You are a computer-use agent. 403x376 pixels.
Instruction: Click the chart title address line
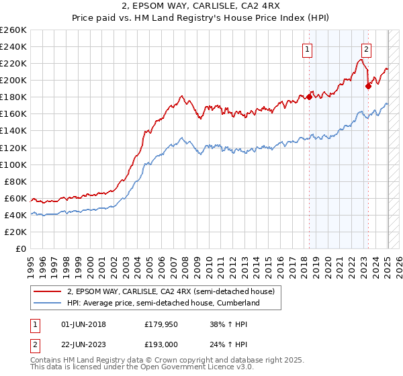[201, 8]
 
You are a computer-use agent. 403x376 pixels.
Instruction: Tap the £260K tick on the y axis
[13, 30]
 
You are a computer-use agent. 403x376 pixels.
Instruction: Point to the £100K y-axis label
[13, 164]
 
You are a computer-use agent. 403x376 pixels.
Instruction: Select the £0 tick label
[21, 248]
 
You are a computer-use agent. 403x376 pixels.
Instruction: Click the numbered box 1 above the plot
[307, 48]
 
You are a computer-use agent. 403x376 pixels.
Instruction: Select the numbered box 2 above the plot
[367, 48]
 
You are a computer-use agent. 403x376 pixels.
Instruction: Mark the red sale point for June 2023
[368, 86]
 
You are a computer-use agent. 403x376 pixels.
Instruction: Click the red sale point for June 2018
[309, 97]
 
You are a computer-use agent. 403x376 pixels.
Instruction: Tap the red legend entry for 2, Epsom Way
[171, 292]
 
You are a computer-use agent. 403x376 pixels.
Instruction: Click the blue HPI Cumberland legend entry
[163, 303]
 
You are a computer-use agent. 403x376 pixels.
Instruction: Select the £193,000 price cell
[162, 344]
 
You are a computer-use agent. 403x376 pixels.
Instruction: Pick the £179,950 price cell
[162, 324]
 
